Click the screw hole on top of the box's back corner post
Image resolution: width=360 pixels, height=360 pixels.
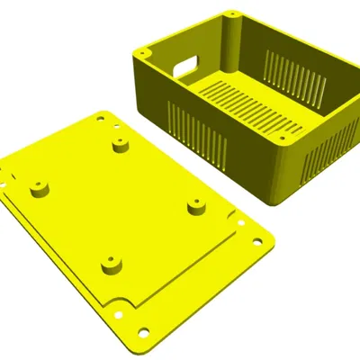tap(231, 16)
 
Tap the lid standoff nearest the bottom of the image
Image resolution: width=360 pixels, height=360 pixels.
tap(109, 265)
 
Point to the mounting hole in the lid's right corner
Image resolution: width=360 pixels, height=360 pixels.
tap(258, 240)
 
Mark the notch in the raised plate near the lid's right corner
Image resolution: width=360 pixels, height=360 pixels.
tap(238, 221)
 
